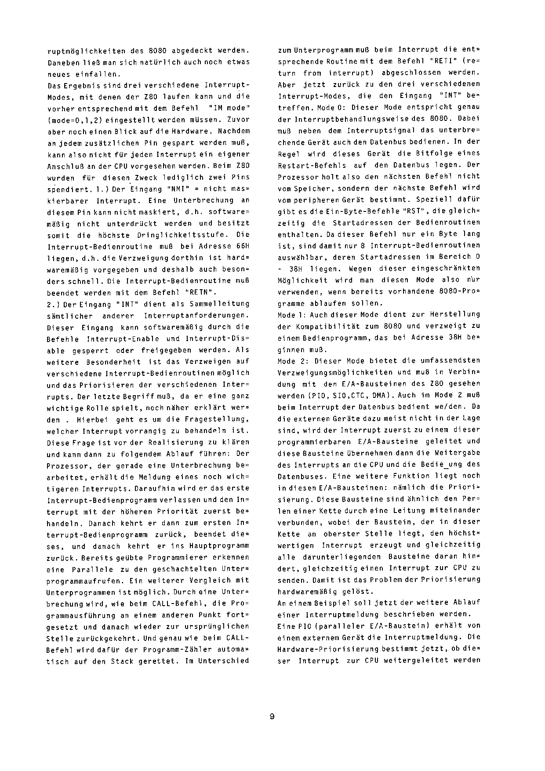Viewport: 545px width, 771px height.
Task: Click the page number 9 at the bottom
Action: tap(272, 717)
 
